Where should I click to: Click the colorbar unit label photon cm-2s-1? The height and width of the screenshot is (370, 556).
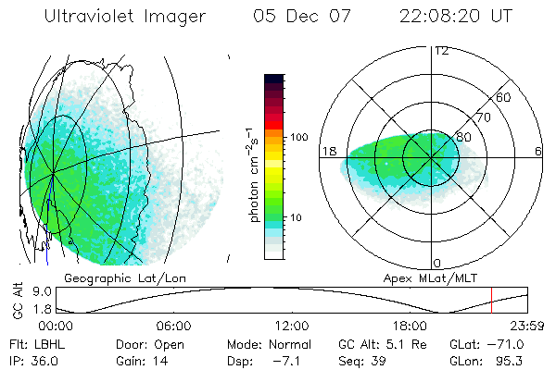pos(252,176)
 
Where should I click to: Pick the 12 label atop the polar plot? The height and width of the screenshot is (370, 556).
pos(441,50)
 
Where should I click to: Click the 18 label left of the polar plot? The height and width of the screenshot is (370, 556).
pos(327,151)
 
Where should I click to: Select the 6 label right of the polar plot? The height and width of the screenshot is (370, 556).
pos(537,151)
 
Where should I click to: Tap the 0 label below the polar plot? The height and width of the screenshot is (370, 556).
pos(440,264)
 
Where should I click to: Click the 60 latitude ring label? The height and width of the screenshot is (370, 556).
pos(504,97)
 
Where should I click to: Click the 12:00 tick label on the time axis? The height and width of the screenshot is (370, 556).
pos(291,326)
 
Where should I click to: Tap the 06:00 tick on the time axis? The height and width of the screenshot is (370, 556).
pos(173,326)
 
